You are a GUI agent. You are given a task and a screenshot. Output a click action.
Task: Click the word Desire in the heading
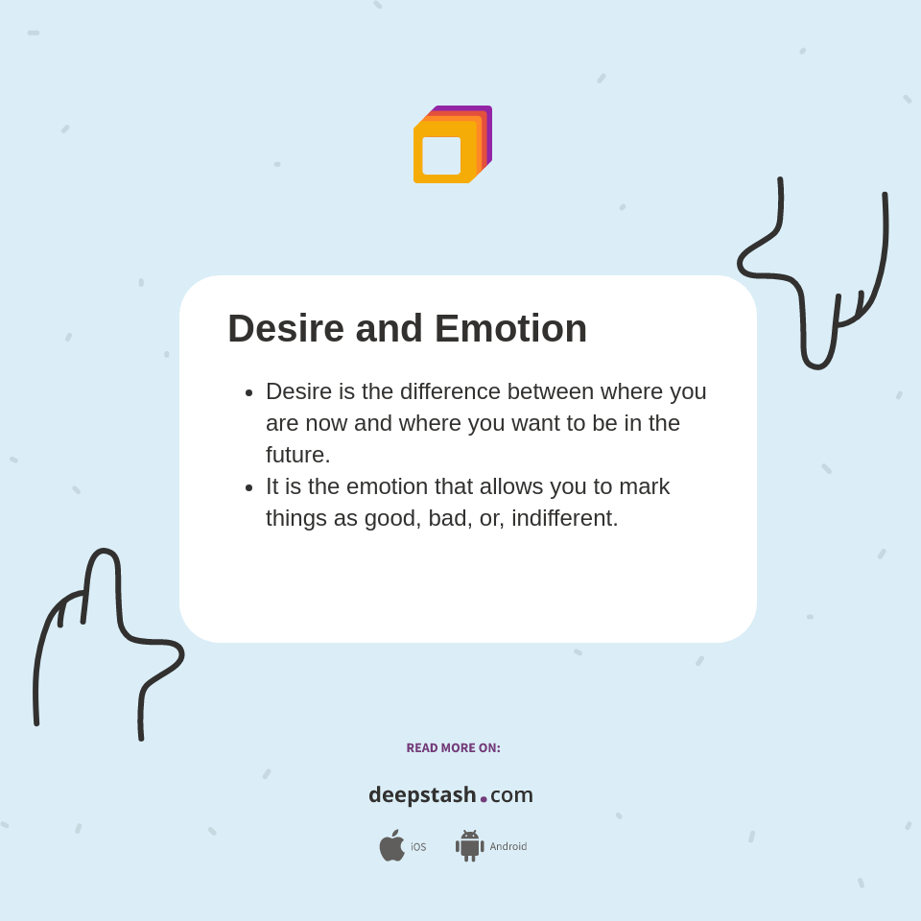[x=286, y=329]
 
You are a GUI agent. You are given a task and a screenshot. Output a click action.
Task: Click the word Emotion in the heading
[x=510, y=329]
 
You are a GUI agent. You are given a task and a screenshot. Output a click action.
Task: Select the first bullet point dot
[x=249, y=392]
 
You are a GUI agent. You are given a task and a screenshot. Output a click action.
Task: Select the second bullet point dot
[x=249, y=487]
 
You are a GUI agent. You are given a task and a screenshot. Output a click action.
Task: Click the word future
[x=296, y=455]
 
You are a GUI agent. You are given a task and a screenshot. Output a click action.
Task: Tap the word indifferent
[x=562, y=518]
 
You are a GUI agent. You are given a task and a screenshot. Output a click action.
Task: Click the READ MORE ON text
[x=453, y=748]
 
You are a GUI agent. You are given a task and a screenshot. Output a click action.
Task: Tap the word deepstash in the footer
[x=422, y=795]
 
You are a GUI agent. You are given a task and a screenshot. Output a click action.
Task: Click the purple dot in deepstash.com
[x=484, y=799]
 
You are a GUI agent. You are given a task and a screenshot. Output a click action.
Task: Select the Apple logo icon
[x=391, y=846]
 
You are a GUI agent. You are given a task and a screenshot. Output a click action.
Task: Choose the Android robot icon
[x=469, y=846]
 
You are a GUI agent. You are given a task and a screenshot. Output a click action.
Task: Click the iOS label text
[x=418, y=847]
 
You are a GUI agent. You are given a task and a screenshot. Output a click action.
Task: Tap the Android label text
[x=508, y=846]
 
